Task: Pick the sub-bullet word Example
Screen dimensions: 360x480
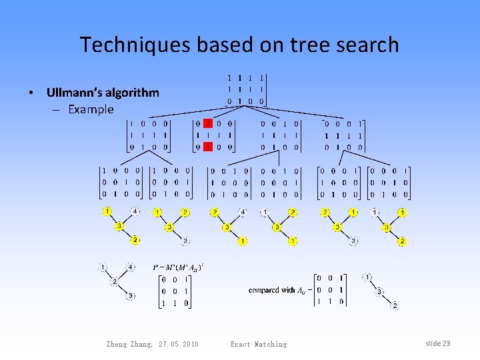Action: pos(91,109)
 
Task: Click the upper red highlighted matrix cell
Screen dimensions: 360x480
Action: pos(208,123)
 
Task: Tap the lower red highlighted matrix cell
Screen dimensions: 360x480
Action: pos(208,147)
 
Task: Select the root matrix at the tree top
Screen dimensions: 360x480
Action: pos(245,89)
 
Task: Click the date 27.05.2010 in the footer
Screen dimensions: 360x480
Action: pos(179,344)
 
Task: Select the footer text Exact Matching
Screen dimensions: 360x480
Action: pos(258,344)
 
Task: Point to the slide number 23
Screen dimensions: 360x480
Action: pos(446,343)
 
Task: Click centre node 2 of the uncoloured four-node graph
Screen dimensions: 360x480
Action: pos(114,281)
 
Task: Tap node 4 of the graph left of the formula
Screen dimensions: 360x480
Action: pos(131,267)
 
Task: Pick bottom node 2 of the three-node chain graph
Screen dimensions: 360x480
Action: pos(395,305)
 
